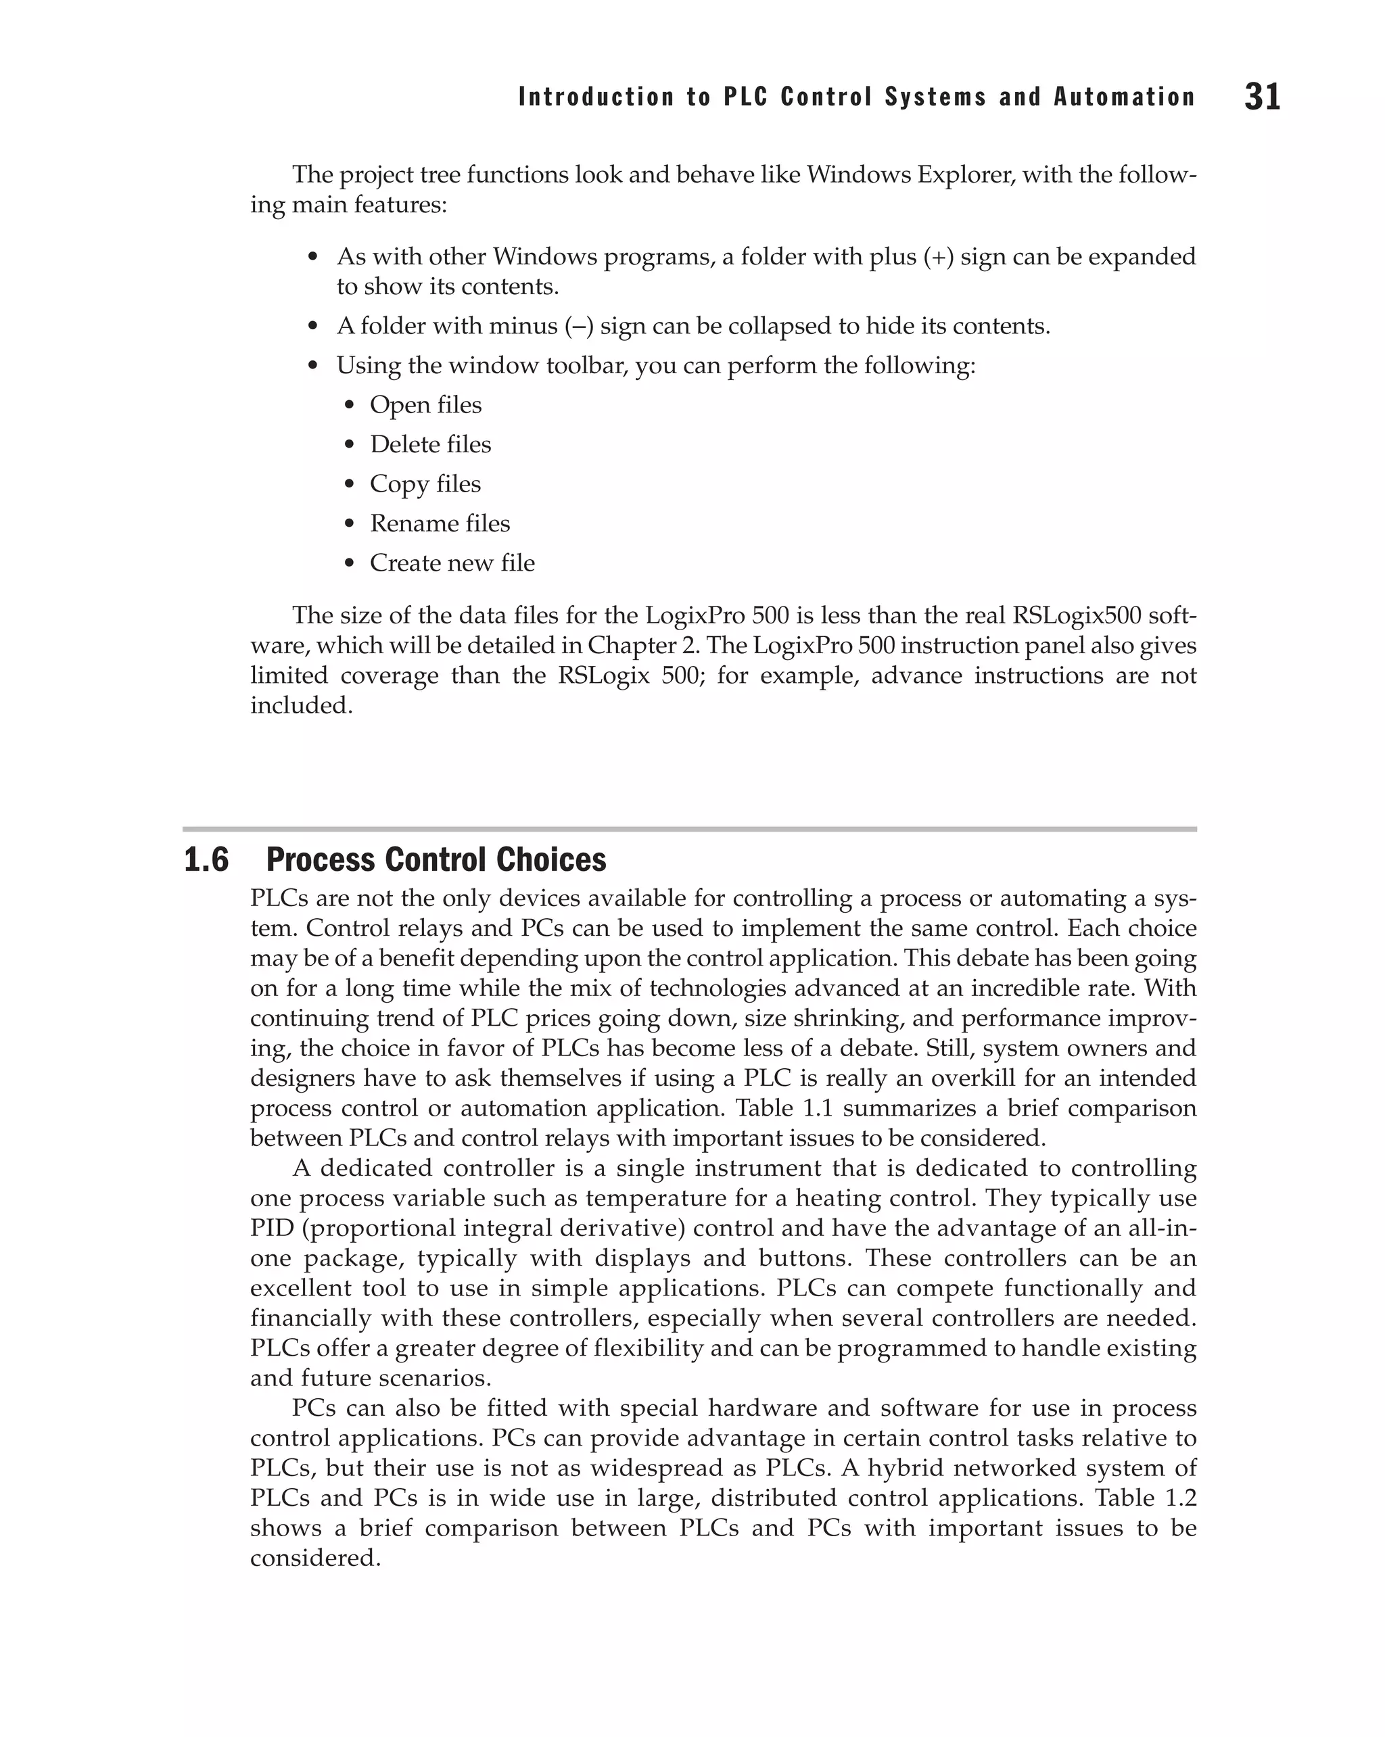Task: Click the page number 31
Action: [1262, 97]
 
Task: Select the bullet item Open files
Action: [425, 405]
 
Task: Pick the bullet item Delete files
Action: [430, 445]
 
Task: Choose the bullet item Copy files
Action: [425, 484]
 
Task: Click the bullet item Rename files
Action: [440, 524]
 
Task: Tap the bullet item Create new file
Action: [452, 563]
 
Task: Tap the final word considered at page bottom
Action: [315, 1558]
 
